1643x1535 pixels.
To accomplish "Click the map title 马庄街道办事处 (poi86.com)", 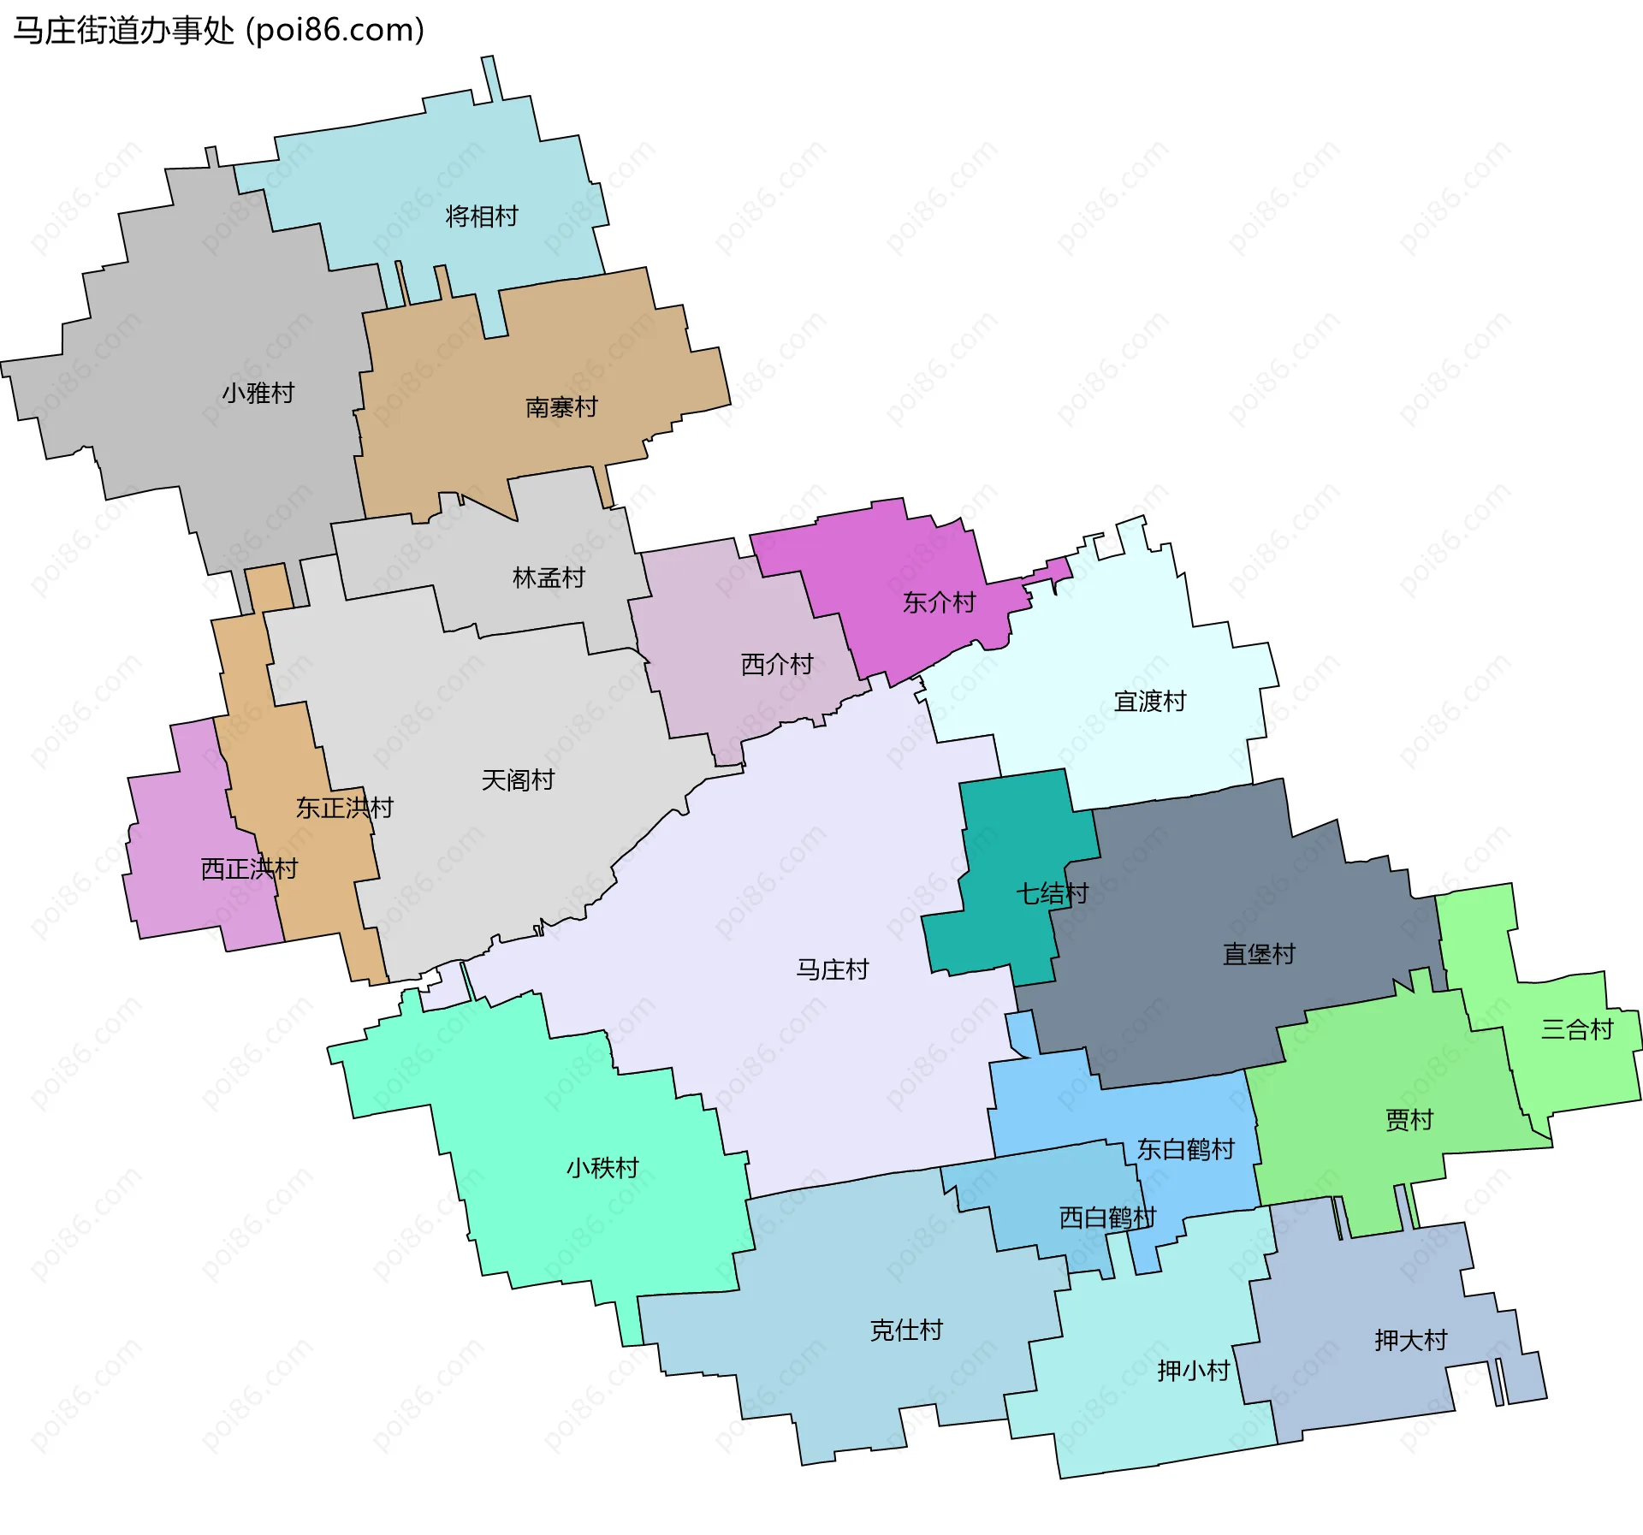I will [219, 31].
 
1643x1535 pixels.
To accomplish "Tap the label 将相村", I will [482, 216].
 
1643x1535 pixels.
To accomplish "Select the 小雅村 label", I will [258, 394].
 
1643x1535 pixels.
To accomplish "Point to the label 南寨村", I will [561, 407].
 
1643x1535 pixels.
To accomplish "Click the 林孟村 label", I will [549, 578].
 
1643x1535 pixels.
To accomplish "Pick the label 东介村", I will [940, 603].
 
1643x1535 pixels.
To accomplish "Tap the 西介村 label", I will [777, 665].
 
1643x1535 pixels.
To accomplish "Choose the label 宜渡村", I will [1150, 702].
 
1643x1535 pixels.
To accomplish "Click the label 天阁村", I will [518, 780].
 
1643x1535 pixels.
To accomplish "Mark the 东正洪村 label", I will [344, 808].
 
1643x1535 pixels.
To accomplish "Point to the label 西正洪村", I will [249, 869].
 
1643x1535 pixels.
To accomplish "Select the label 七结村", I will [1052, 894].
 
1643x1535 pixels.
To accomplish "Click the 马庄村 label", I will [833, 969].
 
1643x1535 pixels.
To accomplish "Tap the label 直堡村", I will [1259, 954].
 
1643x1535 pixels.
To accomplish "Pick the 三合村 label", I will [1577, 1029].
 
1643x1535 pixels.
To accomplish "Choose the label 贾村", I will [1409, 1120].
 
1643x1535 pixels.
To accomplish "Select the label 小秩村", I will [602, 1168].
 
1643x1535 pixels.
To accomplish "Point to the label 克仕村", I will [906, 1330].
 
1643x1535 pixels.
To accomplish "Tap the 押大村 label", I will [1411, 1340].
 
